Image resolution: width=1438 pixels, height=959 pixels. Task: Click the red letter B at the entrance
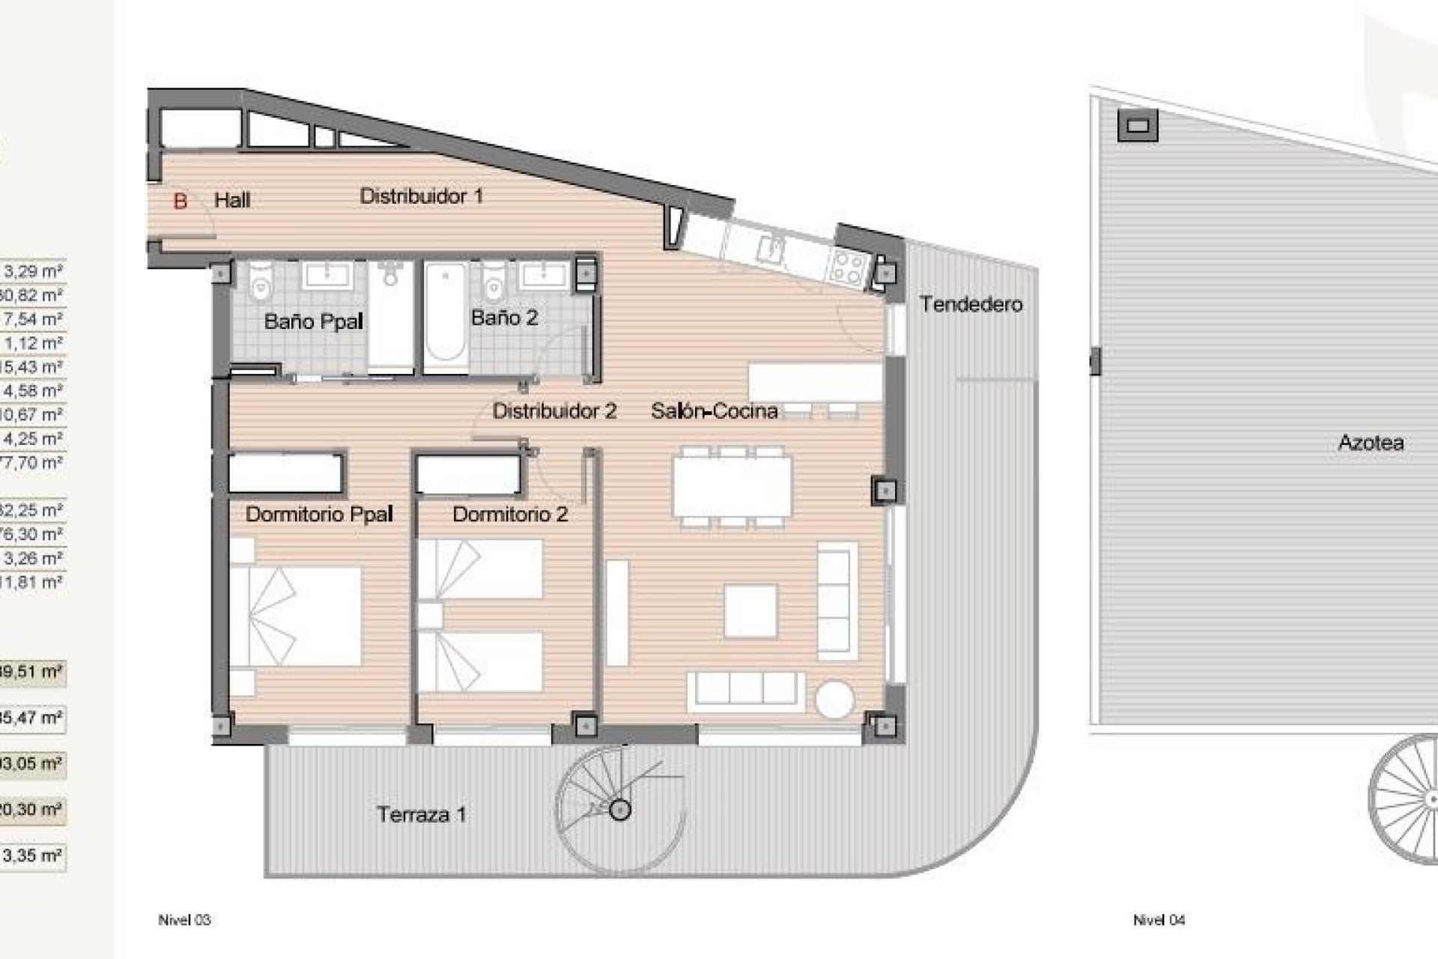[x=180, y=201]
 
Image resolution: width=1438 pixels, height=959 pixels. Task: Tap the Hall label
[x=232, y=200]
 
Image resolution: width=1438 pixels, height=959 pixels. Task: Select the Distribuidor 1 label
[x=421, y=196]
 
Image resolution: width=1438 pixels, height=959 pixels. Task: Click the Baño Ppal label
[x=313, y=322]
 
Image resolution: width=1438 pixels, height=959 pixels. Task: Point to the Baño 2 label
[x=504, y=318]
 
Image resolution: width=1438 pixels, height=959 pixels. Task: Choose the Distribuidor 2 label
[x=554, y=411]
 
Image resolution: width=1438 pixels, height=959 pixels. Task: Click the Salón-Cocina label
[x=714, y=411]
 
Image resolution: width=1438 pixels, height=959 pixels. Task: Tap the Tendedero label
[x=971, y=304]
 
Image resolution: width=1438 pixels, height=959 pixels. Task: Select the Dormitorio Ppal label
[x=319, y=514]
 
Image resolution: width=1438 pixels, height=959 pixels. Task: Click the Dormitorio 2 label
[x=510, y=514]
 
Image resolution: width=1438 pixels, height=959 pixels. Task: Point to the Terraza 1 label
[x=422, y=814]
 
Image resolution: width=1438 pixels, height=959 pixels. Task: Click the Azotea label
[x=1371, y=443]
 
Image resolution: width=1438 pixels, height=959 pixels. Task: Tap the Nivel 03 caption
[x=184, y=920]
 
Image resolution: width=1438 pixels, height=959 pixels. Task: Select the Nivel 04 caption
[x=1159, y=920]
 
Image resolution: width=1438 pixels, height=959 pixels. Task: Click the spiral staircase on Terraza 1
[x=619, y=809]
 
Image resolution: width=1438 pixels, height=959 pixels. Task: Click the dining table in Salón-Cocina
[x=732, y=486]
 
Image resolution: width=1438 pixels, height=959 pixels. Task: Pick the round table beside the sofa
[x=834, y=700]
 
